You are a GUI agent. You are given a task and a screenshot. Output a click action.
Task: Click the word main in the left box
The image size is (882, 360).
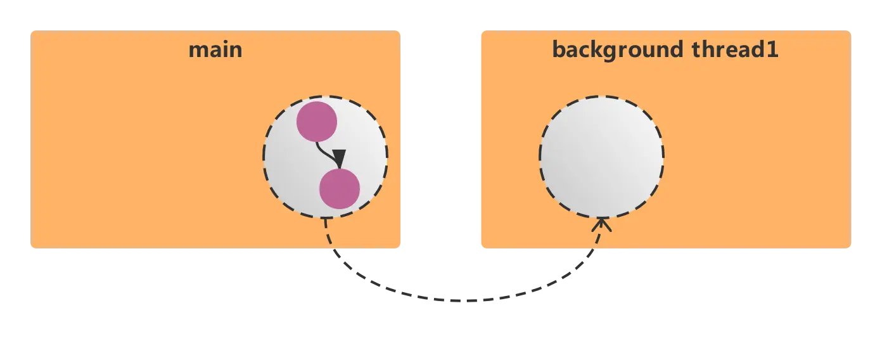tap(215, 49)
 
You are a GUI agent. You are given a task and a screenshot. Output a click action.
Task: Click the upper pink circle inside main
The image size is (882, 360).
tap(316, 122)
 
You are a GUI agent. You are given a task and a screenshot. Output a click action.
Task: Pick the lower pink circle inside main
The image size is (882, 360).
tap(340, 189)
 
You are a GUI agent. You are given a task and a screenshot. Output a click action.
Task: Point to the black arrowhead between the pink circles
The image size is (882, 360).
tap(339, 158)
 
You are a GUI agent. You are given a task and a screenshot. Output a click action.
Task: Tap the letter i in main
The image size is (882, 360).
tap(222, 49)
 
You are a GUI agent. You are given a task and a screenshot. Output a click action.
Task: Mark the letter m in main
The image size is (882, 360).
tap(198, 50)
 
